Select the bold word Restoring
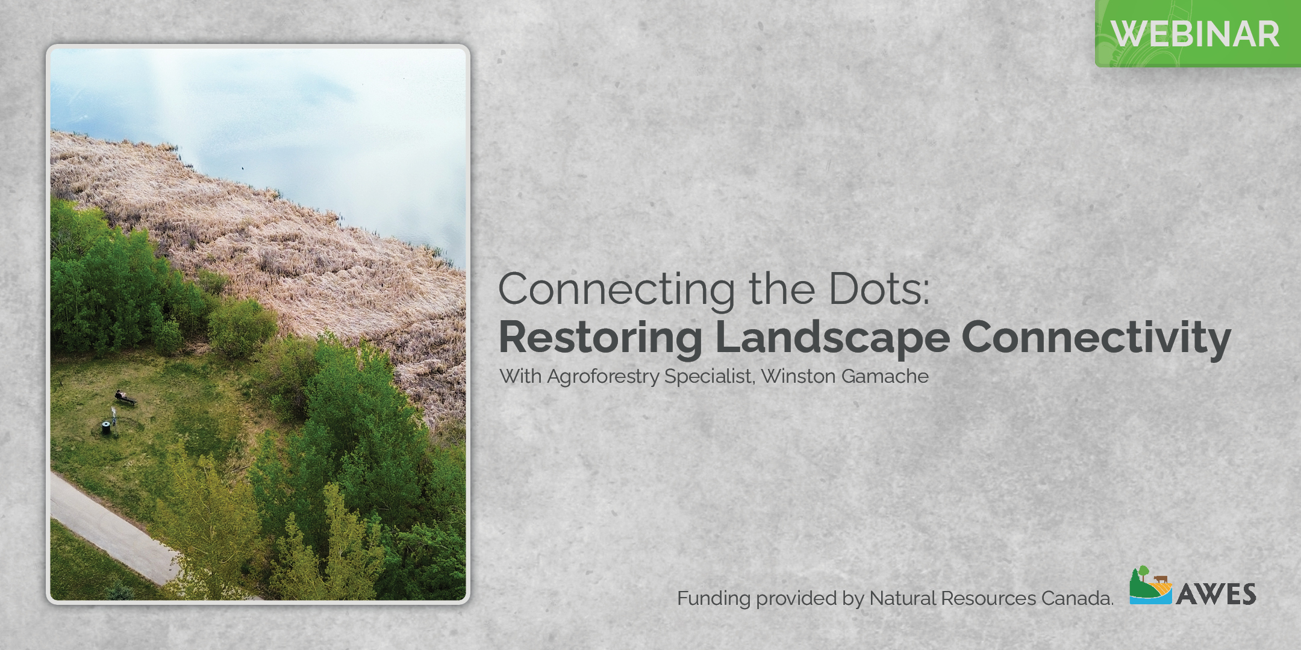click(x=601, y=339)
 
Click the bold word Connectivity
click(x=1096, y=339)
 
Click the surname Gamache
click(x=885, y=376)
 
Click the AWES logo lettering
click(x=1215, y=594)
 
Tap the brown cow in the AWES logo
click(x=1161, y=580)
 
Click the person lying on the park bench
click(x=125, y=397)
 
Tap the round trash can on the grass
click(x=106, y=427)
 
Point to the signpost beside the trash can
click(x=113, y=414)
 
